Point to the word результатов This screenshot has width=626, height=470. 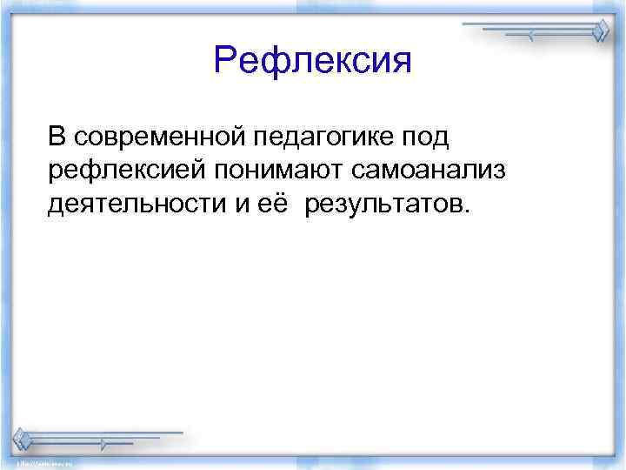383,205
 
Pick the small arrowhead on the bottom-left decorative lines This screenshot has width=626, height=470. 103,444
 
